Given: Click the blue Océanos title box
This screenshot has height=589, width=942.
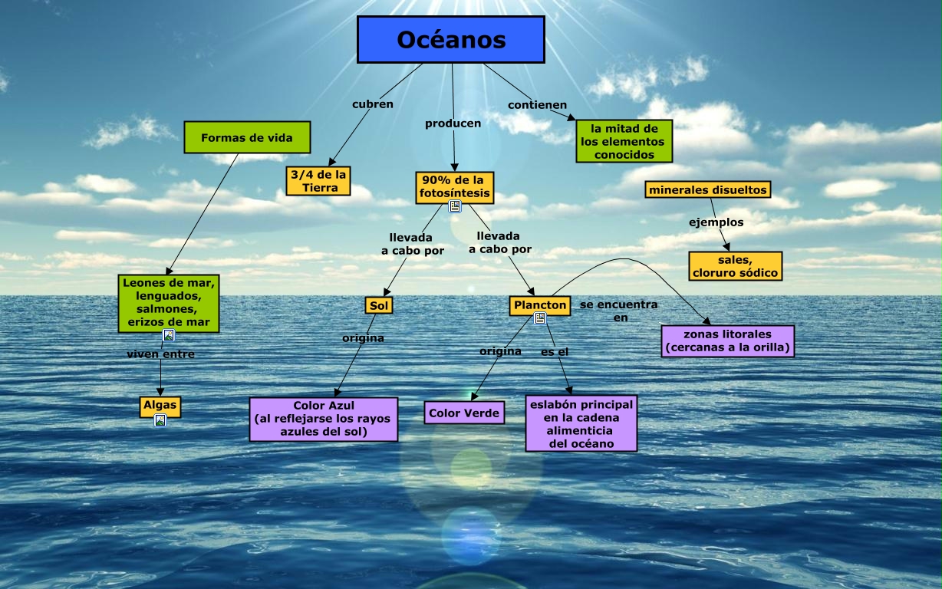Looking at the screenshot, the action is [x=451, y=39].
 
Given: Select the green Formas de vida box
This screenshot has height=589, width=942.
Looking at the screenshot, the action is [x=247, y=138].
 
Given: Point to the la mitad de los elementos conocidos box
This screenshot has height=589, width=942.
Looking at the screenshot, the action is [x=624, y=141].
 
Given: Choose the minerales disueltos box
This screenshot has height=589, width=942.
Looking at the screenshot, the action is [x=707, y=189].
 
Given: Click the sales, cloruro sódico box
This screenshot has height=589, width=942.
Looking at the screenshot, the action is [x=735, y=266].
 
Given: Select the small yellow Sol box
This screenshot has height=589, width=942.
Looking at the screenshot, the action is [x=379, y=305].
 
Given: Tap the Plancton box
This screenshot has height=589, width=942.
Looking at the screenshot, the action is [x=540, y=305].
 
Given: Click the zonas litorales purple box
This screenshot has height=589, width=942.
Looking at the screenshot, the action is [x=727, y=341].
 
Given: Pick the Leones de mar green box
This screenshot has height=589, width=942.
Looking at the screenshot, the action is [x=169, y=302].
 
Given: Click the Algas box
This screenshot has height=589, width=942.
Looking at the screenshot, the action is [x=160, y=405].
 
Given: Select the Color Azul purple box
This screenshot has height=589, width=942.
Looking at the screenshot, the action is [x=324, y=419].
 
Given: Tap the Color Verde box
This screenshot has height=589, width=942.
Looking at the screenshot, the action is [x=464, y=413].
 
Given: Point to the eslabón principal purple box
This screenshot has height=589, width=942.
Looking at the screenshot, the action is [x=581, y=423].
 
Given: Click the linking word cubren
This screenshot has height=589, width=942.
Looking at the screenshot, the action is [x=373, y=104].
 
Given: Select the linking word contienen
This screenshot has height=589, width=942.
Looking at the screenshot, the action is [x=538, y=104].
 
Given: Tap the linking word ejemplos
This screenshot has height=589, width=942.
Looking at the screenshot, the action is [x=716, y=222].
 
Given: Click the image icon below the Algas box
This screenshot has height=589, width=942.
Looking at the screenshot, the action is [x=160, y=420].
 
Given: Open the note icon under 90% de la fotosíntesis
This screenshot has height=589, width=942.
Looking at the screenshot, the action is [x=455, y=206].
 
